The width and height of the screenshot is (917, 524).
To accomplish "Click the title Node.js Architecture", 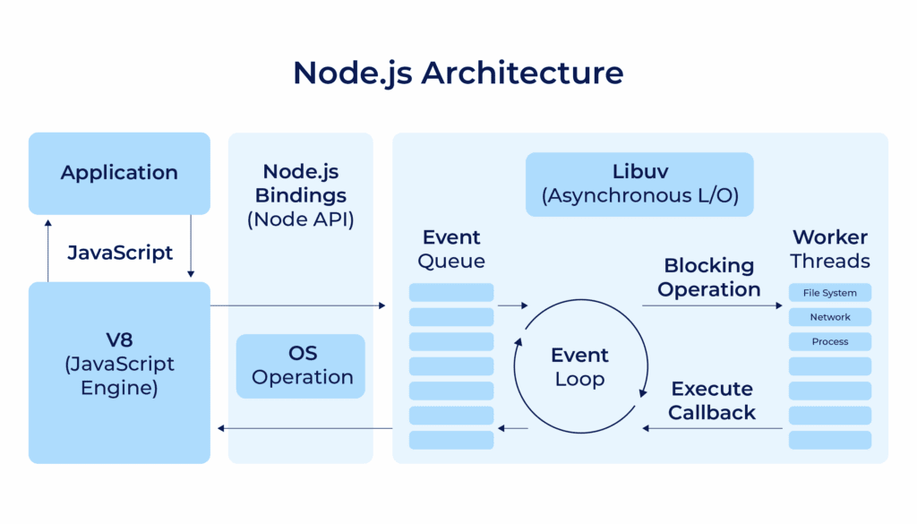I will click(458, 72).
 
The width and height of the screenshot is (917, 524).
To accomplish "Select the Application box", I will click(119, 173).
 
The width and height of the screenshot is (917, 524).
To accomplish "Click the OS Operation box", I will click(302, 365).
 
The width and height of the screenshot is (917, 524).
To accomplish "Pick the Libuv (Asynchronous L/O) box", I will click(638, 184).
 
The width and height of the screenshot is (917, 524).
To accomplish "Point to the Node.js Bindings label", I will click(300, 194).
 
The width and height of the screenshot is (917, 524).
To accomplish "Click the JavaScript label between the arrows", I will click(119, 253).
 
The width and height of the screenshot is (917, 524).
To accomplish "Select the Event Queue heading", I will click(451, 249).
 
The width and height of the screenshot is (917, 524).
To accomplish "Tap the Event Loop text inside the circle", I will click(579, 366).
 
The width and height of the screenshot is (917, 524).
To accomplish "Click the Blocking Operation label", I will click(708, 278).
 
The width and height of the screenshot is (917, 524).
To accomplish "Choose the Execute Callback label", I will click(712, 400).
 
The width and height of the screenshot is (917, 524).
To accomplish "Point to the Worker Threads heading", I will click(829, 249).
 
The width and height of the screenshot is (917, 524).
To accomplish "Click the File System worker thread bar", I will click(829, 293).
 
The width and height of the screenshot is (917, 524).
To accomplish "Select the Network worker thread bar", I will click(829, 317).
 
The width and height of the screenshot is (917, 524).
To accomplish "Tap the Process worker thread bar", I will click(829, 341).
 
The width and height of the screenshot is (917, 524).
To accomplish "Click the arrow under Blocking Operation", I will click(712, 305).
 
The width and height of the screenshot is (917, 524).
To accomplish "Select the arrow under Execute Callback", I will click(712, 428).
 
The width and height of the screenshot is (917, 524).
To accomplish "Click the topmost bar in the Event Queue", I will click(451, 293).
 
